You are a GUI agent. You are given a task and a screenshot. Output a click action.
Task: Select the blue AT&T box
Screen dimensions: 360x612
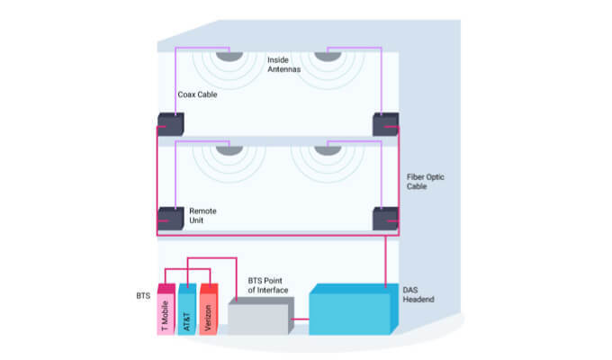pos(187,309)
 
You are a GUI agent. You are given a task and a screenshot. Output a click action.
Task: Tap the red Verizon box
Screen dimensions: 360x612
pos(209,309)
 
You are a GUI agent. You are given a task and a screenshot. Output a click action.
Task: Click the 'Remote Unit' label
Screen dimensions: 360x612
pos(202,216)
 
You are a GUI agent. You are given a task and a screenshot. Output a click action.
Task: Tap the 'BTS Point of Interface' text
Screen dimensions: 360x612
pos(268,286)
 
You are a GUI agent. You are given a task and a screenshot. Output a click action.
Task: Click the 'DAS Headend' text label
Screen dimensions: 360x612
pos(419,293)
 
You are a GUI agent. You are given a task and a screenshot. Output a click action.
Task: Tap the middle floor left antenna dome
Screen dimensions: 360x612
pos(229,148)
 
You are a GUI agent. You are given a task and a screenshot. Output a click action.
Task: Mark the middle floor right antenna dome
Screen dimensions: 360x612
pos(327,148)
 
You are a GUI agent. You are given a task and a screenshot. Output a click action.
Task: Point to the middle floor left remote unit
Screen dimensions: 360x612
pos(170,219)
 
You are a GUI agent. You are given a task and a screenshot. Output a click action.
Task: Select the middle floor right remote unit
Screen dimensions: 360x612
pos(386,219)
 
